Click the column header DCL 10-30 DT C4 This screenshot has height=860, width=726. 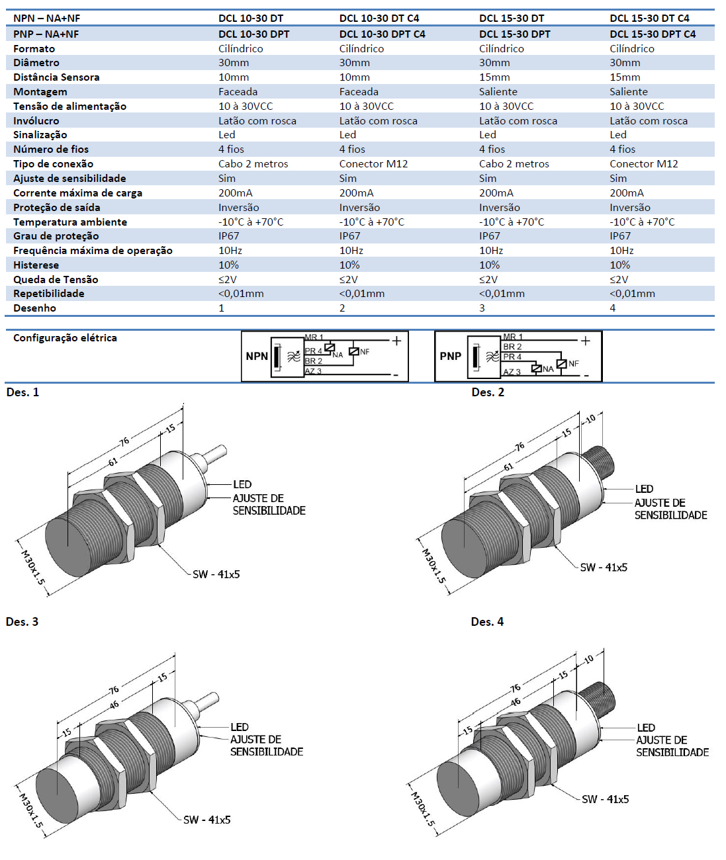(x=379, y=19)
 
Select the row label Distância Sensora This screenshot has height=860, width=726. (x=56, y=77)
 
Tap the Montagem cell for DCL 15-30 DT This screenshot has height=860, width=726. (x=498, y=92)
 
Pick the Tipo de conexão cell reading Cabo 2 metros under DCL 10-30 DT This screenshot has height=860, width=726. (x=253, y=164)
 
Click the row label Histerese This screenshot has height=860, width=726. (x=36, y=265)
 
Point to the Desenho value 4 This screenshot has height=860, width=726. (x=612, y=308)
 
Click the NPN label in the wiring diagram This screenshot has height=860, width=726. (x=257, y=356)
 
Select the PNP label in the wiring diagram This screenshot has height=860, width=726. (x=450, y=356)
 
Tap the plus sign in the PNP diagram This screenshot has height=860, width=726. (x=585, y=341)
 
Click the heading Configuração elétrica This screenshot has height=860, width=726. (x=65, y=338)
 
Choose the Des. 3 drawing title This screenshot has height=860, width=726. (x=22, y=622)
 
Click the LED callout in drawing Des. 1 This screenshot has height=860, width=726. (x=242, y=484)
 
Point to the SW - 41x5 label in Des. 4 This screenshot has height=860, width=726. (x=605, y=799)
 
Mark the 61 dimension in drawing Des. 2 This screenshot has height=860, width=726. (x=508, y=467)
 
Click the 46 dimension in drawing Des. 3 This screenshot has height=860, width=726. (x=114, y=705)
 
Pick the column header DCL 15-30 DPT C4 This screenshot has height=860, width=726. (x=652, y=34)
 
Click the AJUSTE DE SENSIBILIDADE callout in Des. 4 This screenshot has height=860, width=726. (x=672, y=746)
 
